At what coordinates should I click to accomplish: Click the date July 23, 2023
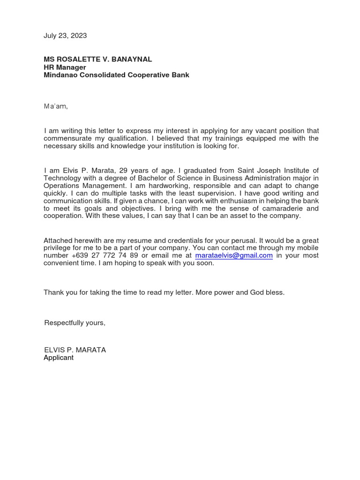(65, 36)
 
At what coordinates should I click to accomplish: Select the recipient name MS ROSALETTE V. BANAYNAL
(97, 60)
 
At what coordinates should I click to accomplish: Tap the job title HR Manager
(65, 67)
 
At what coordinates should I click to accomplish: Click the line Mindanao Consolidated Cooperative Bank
(116, 75)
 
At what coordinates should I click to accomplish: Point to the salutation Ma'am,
(56, 106)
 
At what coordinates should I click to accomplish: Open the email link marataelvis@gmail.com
(234, 255)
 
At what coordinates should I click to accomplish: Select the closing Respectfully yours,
(75, 323)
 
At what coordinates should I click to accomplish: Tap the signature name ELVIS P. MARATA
(75, 350)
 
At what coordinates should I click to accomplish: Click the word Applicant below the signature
(59, 358)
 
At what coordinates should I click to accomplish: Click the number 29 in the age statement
(123, 170)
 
